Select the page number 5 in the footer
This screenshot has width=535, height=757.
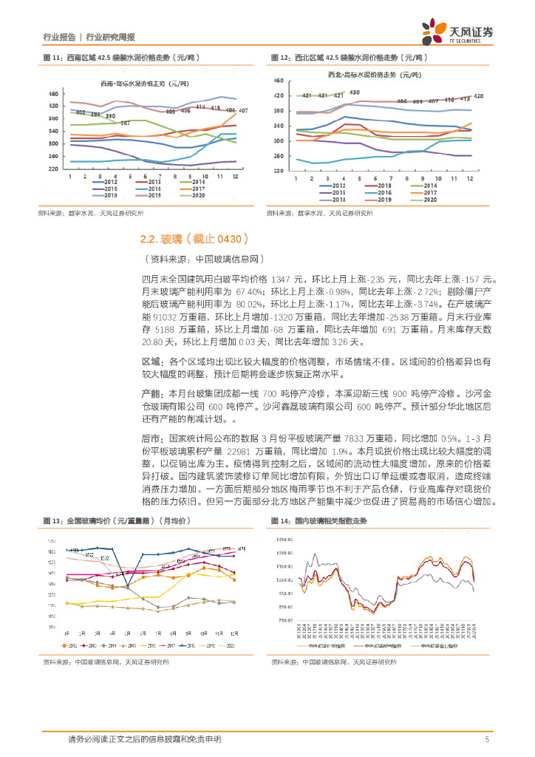coord(487,739)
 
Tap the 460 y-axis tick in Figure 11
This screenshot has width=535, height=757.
coord(52,94)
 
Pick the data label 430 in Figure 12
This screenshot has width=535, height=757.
coord(355,92)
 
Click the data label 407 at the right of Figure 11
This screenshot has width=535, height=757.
coord(242,111)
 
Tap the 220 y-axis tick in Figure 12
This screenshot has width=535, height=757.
coord(278,171)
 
